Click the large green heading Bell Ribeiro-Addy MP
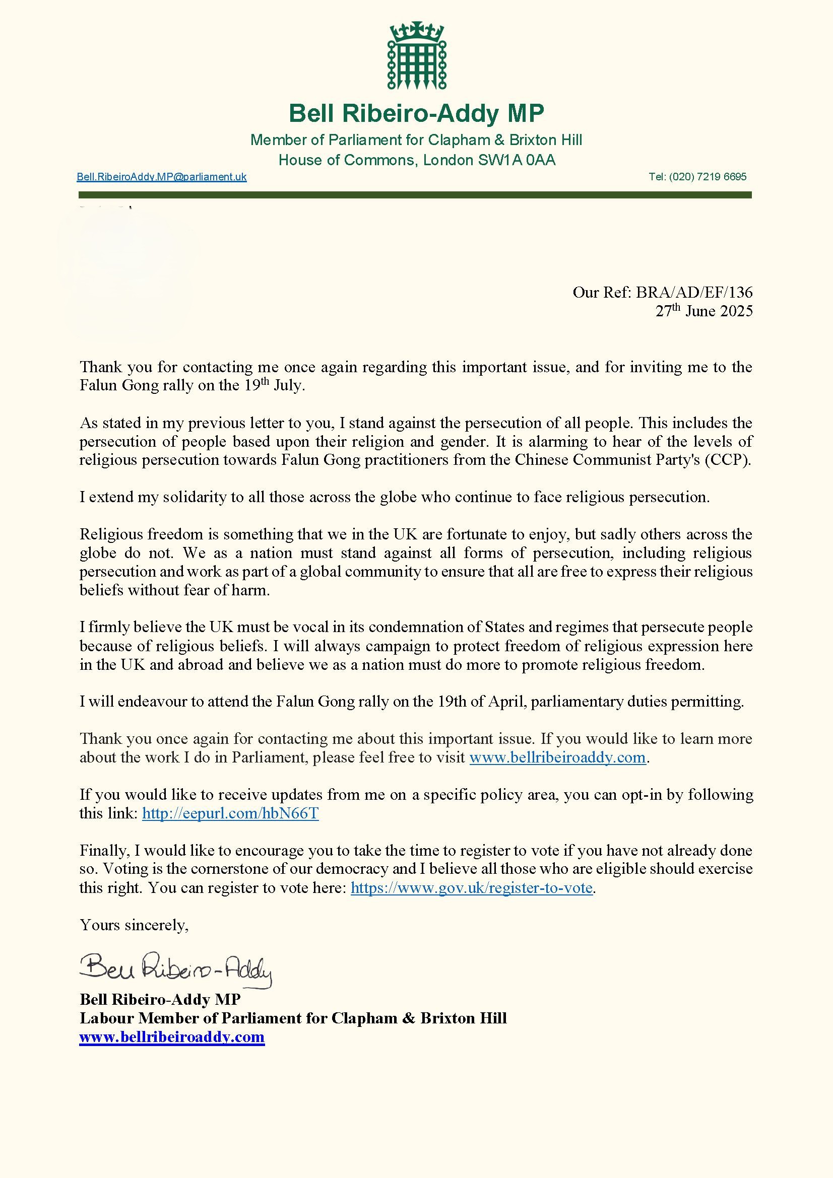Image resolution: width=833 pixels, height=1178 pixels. (416, 113)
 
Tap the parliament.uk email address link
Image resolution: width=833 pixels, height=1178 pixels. (162, 177)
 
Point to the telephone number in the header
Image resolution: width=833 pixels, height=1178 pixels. (697, 177)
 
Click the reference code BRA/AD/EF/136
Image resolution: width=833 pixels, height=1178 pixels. (694, 293)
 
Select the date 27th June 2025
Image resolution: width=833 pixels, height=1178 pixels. (703, 311)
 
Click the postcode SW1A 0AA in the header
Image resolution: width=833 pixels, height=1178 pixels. (517, 160)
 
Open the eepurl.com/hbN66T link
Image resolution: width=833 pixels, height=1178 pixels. (230, 813)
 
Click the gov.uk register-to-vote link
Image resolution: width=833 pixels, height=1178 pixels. (472, 887)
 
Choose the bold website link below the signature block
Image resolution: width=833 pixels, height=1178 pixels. (172, 1036)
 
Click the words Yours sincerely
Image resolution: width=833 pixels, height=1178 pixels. (134, 925)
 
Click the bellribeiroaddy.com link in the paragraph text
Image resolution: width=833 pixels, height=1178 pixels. (557, 757)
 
